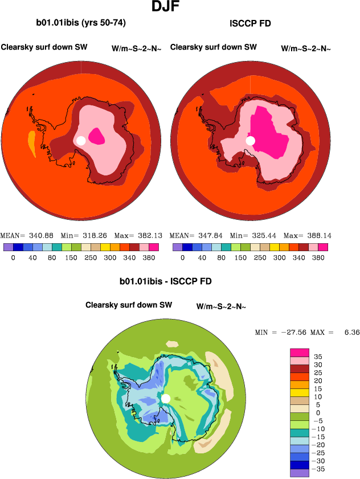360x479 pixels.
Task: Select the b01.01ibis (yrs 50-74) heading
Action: point(80,23)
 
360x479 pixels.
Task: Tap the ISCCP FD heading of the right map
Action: point(250,23)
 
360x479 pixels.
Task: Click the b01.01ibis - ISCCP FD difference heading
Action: point(166,281)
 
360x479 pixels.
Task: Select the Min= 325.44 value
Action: point(252,235)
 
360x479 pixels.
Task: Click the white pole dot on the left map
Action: point(81,140)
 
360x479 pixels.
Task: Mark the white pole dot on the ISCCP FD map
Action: point(250,140)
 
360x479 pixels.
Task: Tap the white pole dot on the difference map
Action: point(166,398)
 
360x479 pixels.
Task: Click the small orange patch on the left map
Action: point(32,144)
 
